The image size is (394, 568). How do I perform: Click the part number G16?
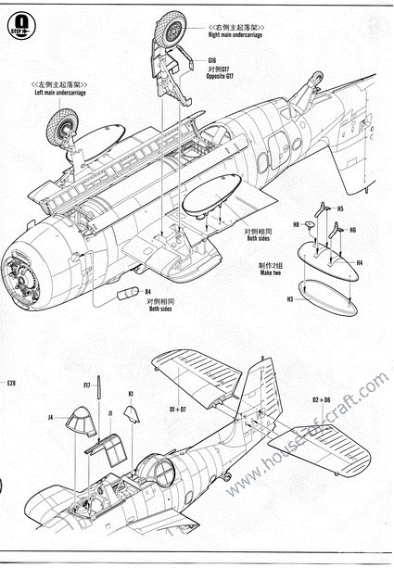coord(212,59)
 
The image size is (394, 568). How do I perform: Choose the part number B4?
coord(147,292)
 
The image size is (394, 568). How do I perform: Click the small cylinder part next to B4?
coord(127,293)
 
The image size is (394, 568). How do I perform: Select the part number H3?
coord(289,300)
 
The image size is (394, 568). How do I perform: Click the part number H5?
coord(340,208)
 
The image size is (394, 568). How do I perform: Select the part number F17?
coord(86,385)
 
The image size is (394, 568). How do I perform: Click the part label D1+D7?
coord(177,408)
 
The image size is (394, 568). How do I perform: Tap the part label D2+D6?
coord(321,399)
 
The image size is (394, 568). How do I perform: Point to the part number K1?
coord(131,393)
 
